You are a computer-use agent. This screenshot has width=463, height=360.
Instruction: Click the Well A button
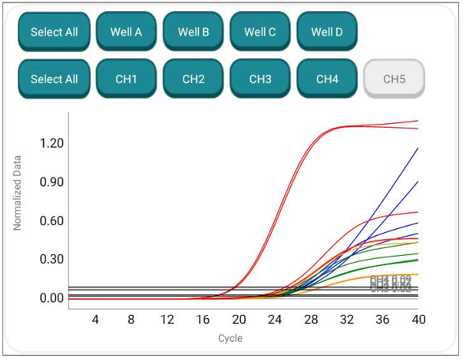pyautogui.click(x=126, y=32)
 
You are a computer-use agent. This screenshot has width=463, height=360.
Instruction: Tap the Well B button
pyautogui.click(x=194, y=32)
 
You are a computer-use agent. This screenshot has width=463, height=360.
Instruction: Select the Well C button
pyautogui.click(x=260, y=32)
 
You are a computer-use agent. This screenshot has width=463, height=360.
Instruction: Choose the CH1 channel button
pyautogui.click(x=126, y=79)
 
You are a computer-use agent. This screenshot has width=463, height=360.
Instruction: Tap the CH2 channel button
pyautogui.click(x=194, y=79)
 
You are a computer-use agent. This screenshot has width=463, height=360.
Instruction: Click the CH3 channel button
pyautogui.click(x=260, y=79)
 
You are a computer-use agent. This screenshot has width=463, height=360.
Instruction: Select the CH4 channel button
pyautogui.click(x=327, y=79)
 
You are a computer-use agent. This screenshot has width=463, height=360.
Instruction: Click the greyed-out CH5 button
pyautogui.click(x=393, y=79)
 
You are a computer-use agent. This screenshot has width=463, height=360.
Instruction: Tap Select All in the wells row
pyautogui.click(x=54, y=32)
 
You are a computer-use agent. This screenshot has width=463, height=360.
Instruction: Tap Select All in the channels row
pyautogui.click(x=54, y=79)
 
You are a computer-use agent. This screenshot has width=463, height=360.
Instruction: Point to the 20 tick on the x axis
pyautogui.click(x=239, y=320)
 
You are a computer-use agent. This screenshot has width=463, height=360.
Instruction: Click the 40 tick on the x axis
pyautogui.click(x=419, y=320)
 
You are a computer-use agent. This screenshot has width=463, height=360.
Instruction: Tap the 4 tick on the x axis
pyautogui.click(x=95, y=320)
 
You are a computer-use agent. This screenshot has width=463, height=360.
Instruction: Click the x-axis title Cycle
pyautogui.click(x=231, y=339)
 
